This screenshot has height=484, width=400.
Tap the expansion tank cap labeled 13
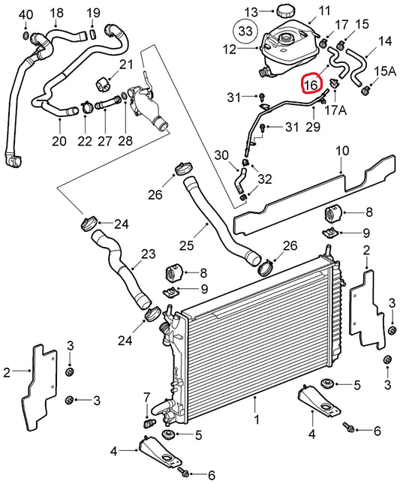click(x=285, y=12)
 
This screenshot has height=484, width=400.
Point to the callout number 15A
click(x=383, y=71)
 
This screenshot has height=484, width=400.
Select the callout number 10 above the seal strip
click(x=341, y=152)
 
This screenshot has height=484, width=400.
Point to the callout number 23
click(x=149, y=254)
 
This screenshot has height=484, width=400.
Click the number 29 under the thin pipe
click(x=312, y=127)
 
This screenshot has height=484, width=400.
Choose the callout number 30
click(x=220, y=155)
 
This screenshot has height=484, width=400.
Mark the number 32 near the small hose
click(x=264, y=179)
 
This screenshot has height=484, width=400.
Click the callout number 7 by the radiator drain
click(x=147, y=396)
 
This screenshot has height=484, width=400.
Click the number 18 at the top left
click(x=57, y=13)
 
